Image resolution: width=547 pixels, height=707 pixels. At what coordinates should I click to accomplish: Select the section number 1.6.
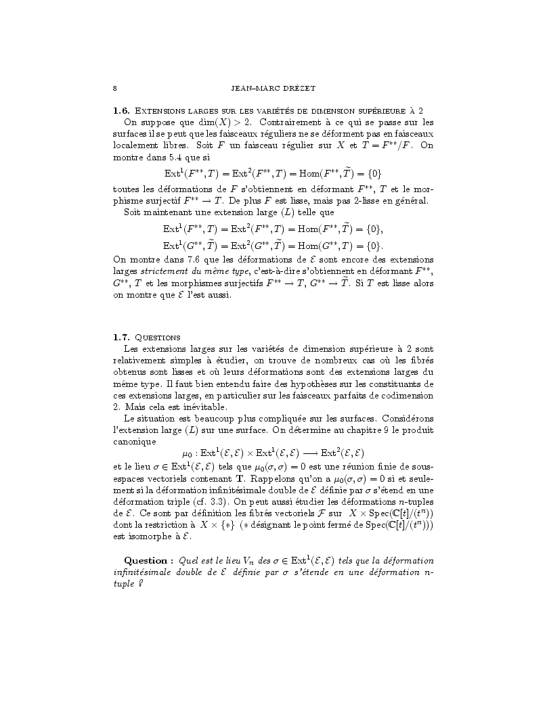121,110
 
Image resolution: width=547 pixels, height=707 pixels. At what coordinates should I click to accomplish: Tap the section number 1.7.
121,337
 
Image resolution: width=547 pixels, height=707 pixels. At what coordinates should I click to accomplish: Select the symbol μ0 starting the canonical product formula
188,453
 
